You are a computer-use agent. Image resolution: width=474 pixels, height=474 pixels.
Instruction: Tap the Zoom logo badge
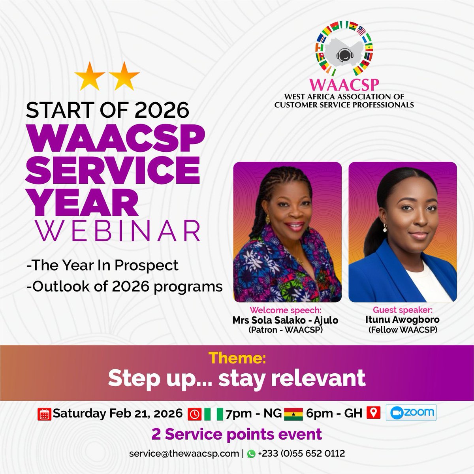(x=413, y=413)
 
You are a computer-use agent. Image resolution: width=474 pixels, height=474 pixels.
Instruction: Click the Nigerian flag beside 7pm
(x=213, y=414)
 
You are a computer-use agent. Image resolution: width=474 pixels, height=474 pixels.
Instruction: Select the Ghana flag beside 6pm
(x=293, y=414)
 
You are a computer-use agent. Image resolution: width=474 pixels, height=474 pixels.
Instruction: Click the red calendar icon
(x=45, y=414)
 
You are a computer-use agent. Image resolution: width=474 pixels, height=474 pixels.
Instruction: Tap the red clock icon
(x=195, y=414)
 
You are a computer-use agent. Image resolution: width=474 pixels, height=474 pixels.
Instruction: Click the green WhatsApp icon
(x=251, y=455)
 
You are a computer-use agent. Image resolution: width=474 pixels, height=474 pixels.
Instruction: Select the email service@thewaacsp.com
(x=183, y=454)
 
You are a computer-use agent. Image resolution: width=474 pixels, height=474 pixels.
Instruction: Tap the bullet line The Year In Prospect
(x=102, y=265)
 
